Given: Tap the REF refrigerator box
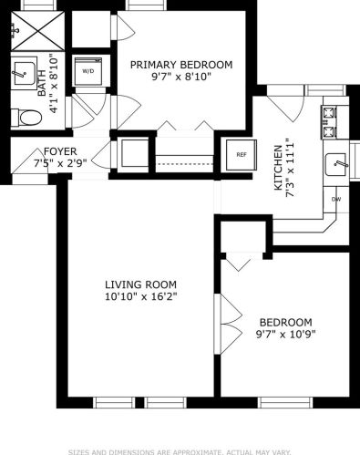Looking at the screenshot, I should [x=242, y=154].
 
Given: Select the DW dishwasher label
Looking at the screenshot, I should [x=336, y=199].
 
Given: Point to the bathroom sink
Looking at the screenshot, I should [x=25, y=70].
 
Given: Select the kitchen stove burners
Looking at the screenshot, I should [x=329, y=122].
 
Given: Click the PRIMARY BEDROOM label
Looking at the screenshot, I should [x=180, y=65].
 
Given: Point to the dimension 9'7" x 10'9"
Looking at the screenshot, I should [x=285, y=335].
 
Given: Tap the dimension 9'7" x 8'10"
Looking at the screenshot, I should [x=180, y=78].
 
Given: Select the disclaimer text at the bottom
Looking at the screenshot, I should [x=180, y=450].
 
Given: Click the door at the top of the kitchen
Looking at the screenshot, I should [x=290, y=109].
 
